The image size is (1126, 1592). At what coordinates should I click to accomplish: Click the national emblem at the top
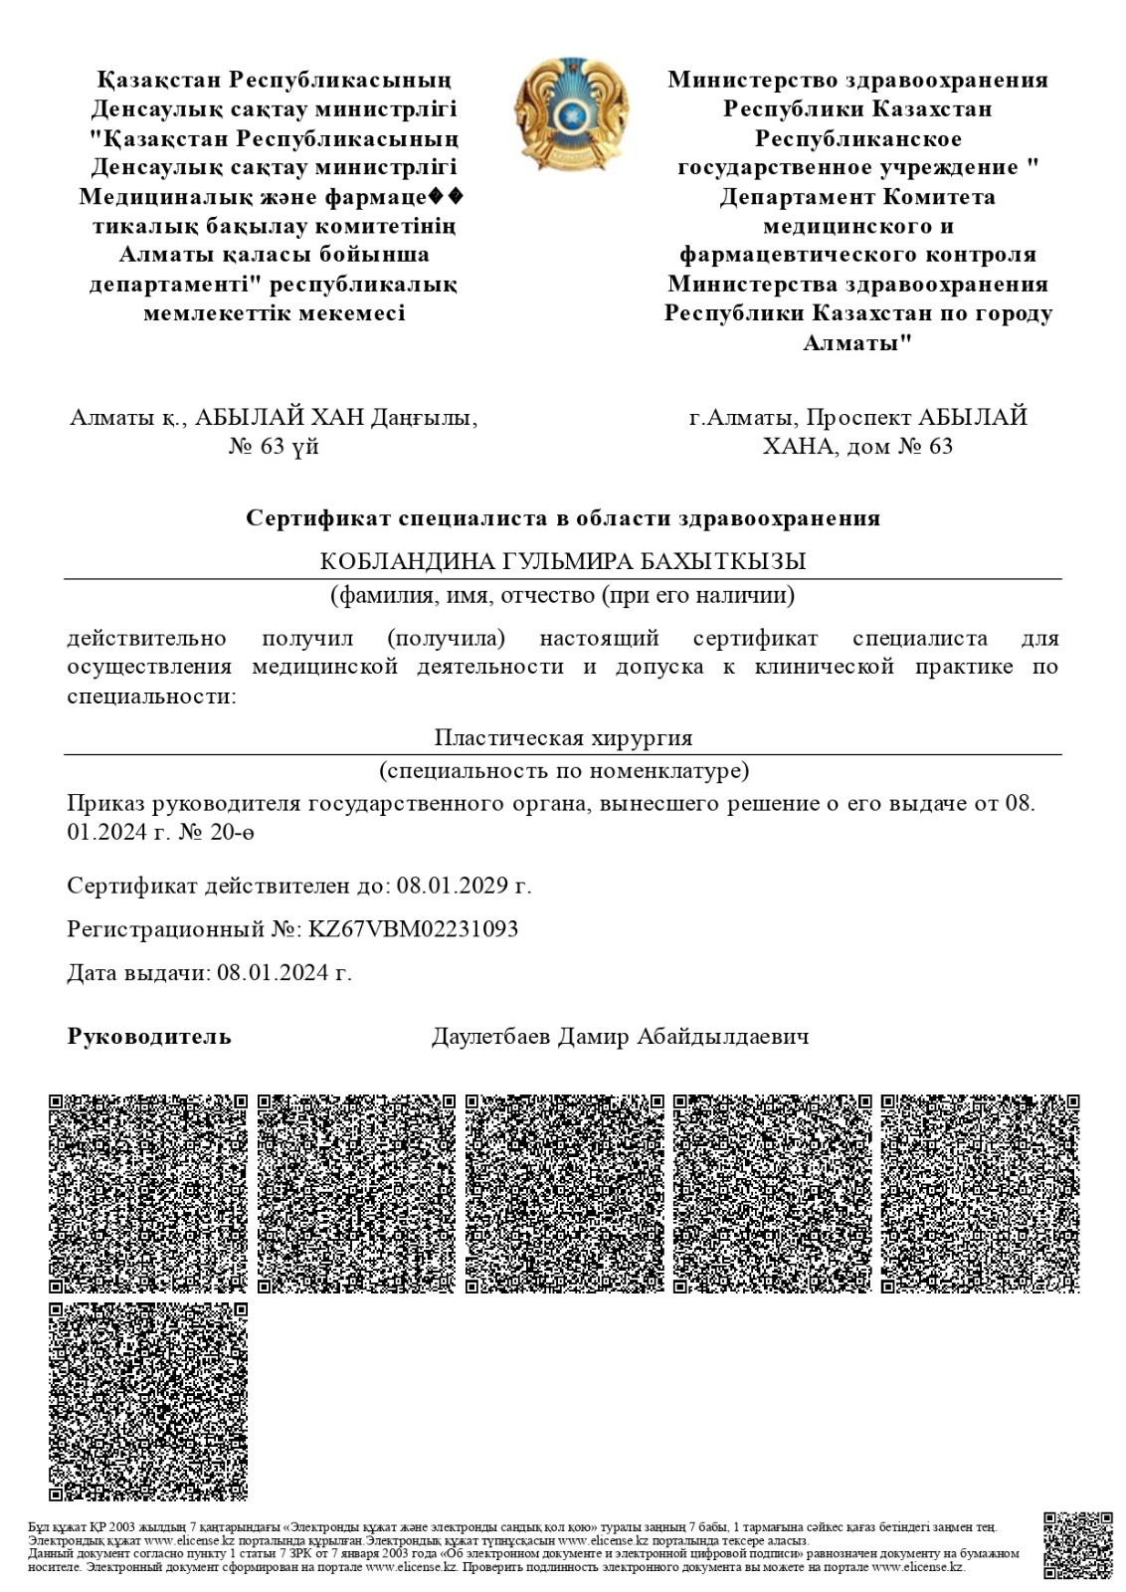(571, 112)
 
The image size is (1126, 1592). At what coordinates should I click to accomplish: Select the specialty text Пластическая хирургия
(563, 738)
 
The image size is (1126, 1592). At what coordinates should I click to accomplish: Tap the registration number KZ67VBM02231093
(413, 929)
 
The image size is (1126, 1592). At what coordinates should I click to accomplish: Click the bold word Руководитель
(149, 1037)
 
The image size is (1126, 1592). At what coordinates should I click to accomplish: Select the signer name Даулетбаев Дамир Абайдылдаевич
(620, 1037)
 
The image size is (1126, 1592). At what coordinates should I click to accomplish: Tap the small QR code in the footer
(1077, 1545)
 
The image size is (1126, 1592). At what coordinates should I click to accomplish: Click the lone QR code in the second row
(148, 1400)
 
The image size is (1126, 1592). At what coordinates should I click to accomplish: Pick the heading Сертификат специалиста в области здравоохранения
(563, 518)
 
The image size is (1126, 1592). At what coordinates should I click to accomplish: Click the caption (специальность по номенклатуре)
(563, 771)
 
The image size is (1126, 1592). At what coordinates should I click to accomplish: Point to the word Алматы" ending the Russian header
(857, 343)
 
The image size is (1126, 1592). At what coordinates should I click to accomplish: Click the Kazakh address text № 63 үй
(274, 446)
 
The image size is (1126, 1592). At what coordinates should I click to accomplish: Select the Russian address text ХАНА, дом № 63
(857, 446)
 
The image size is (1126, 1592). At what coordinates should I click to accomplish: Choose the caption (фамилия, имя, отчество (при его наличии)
(563, 596)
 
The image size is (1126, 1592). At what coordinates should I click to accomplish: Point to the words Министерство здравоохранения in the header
(857, 80)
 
